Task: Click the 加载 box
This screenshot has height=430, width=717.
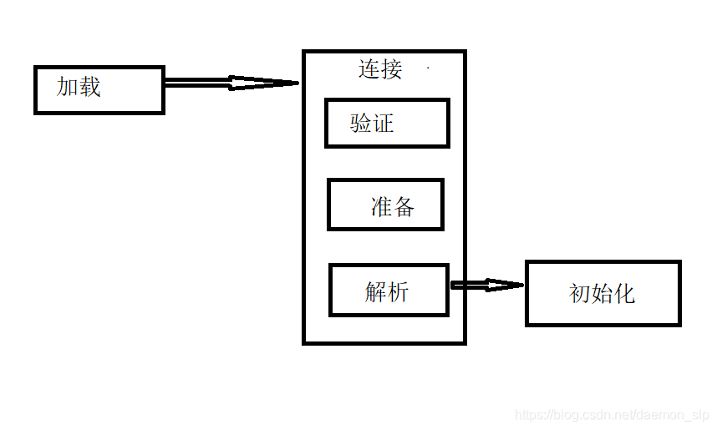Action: [x=99, y=89]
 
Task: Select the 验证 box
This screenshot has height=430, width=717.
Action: [x=387, y=124]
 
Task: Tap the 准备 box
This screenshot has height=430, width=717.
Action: [x=385, y=205]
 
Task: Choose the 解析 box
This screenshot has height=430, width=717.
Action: [x=389, y=291]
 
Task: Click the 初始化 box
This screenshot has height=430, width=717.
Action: [x=603, y=293]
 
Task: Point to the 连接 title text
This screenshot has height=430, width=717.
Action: [x=380, y=69]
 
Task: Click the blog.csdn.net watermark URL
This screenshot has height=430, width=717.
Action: [x=612, y=415]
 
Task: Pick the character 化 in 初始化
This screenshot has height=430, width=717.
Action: [x=624, y=294]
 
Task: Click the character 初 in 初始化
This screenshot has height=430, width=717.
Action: [x=580, y=294]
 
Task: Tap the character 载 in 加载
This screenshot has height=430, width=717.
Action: [x=89, y=87]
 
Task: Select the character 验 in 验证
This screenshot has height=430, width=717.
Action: [x=361, y=124]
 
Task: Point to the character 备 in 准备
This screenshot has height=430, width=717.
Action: [x=404, y=206]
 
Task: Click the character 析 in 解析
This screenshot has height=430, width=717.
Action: [x=399, y=291]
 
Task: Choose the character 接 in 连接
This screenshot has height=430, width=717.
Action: [x=391, y=69]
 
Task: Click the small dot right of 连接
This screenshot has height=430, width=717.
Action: [x=428, y=68]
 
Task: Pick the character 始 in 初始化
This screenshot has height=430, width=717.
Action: [x=602, y=294]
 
